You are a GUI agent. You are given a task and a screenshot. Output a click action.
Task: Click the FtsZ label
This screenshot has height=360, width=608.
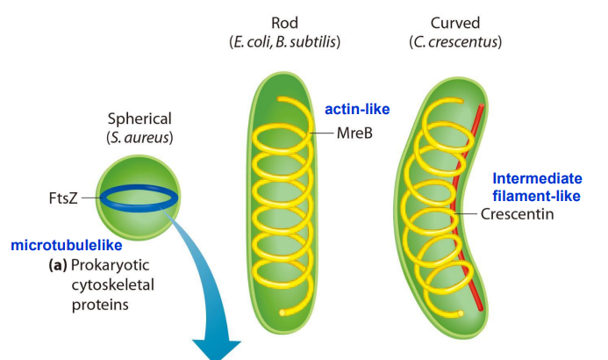61,198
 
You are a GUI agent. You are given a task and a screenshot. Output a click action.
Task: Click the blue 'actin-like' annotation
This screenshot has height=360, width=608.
356,110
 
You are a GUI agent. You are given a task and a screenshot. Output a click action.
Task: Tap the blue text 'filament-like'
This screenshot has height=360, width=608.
536,195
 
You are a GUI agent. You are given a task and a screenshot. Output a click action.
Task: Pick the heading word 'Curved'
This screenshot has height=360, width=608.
454,22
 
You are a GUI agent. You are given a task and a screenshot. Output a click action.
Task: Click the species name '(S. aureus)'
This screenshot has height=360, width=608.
139,137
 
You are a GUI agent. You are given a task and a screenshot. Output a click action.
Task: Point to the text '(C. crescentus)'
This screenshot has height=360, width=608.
454,41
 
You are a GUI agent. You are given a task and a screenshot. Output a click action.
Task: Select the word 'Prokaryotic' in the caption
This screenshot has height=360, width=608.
109,265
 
